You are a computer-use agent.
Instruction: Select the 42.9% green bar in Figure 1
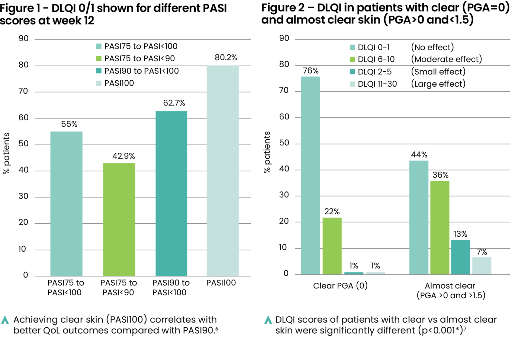coord(119,220)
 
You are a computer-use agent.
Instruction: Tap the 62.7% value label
coord(171,103)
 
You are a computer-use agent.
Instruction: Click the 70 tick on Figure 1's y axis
coord(23,92)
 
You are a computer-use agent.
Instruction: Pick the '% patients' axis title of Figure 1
coord(7,157)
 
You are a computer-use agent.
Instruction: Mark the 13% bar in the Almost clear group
coord(461,257)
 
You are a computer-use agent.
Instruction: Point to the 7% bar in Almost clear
coord(482,265)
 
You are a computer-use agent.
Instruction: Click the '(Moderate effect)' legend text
coord(446,59)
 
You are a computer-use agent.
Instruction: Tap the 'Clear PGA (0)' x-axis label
coord(339,286)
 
